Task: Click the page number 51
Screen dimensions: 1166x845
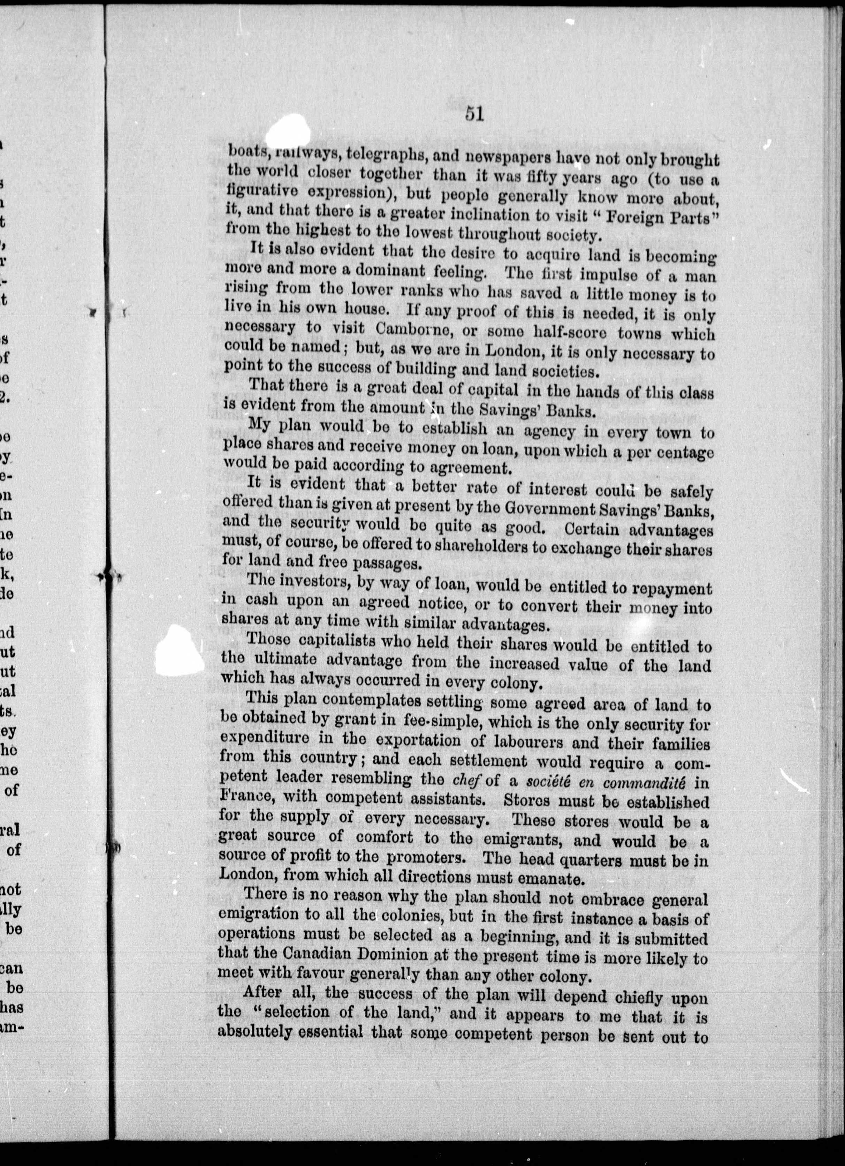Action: (474, 113)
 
